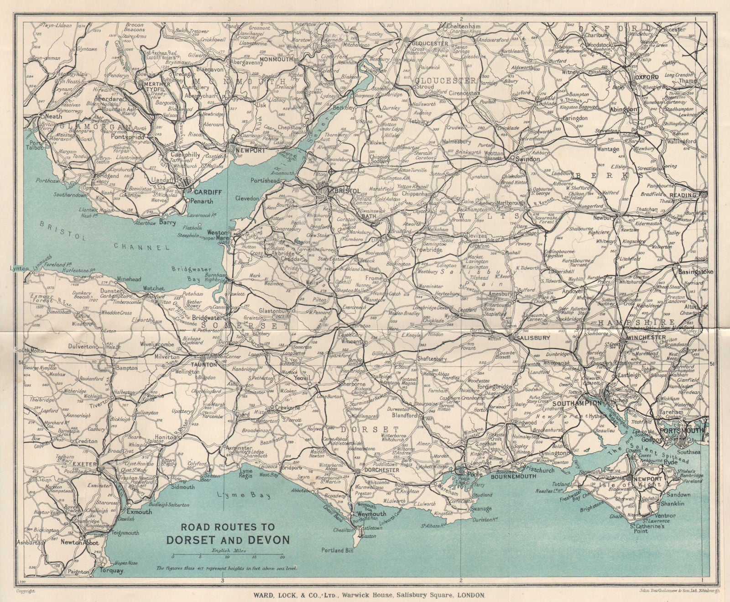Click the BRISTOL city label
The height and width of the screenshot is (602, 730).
[x=349, y=191]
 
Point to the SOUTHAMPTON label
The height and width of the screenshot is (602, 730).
[x=578, y=404]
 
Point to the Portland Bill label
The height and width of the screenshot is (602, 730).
[x=338, y=550]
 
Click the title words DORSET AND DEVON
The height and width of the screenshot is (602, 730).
[x=228, y=540]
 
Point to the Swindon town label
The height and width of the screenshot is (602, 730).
[x=527, y=159]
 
